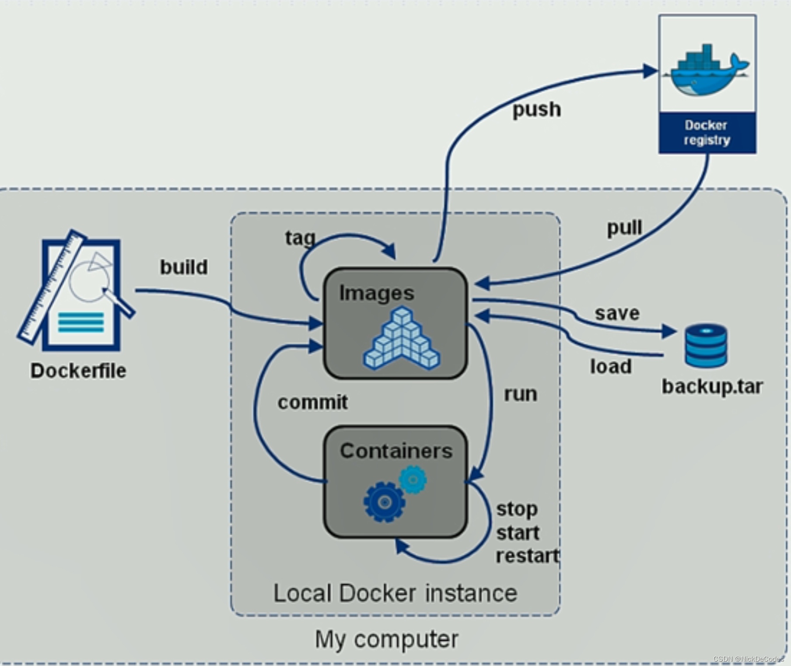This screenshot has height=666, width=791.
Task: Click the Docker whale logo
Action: coord(707,70)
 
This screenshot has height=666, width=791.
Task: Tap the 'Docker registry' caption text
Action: coord(707,133)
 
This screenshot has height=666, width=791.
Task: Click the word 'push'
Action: coord(536,109)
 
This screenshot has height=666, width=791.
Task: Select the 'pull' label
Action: coord(624,228)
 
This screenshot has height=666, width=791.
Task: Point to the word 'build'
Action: coord(184,267)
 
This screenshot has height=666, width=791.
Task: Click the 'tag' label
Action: coord(300,238)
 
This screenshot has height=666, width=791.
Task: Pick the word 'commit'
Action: coord(312,402)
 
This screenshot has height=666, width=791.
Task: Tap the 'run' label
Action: coord(520,394)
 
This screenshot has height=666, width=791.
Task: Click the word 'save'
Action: coord(617,313)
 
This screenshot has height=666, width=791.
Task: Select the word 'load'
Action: coord(611,366)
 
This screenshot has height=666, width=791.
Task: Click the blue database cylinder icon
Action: coord(706,345)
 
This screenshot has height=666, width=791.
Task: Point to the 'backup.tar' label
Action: coord(712,387)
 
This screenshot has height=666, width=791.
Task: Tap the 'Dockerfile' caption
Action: coord(78,371)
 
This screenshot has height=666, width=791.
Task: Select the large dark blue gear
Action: coord(384,502)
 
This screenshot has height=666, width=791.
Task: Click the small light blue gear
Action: coord(413,480)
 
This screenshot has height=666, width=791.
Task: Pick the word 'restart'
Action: coord(527,556)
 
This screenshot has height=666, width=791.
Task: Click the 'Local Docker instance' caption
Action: coord(395,593)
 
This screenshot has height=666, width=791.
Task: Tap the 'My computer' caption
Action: coord(386,639)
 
